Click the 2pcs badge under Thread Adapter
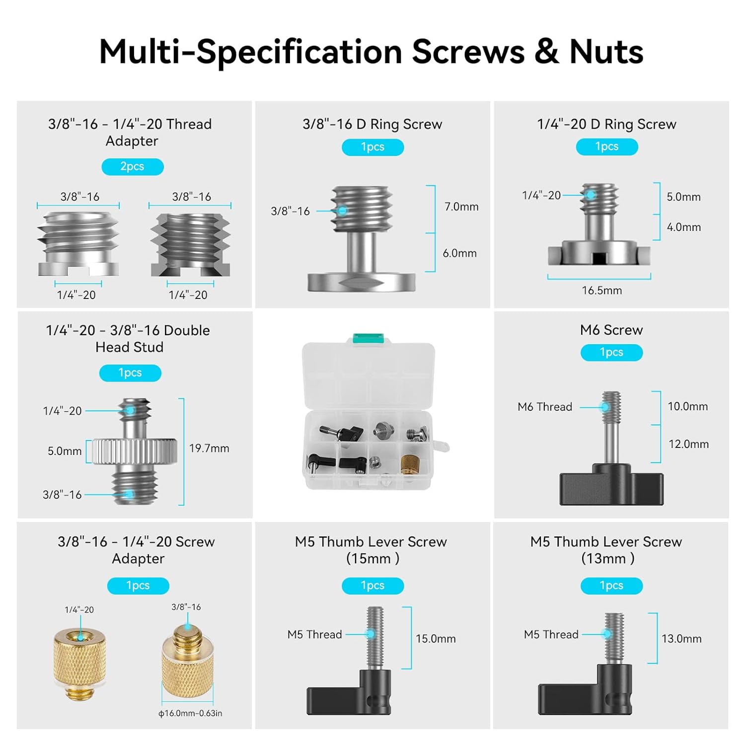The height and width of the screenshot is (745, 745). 132,166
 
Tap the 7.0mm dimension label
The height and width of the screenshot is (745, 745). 461,207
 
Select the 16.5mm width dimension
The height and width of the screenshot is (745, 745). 601,291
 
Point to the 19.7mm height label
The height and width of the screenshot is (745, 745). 209,448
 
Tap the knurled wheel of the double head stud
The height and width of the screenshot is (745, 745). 135,451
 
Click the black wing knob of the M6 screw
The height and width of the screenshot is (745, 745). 611,485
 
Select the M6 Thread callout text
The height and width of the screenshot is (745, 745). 544,407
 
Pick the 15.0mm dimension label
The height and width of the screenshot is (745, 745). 436,639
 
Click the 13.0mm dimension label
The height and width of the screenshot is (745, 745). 681,639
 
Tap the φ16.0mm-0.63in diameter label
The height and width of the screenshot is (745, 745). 190,713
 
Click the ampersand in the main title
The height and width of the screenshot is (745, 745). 546,52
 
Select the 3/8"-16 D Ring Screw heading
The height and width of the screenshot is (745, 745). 372,124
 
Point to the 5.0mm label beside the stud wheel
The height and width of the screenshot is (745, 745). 65,451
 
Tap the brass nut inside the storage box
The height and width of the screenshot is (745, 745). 410,463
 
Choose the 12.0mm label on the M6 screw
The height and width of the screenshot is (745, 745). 688,444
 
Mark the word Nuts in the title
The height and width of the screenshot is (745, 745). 606,52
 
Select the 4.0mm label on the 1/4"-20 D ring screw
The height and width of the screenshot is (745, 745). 683,227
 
